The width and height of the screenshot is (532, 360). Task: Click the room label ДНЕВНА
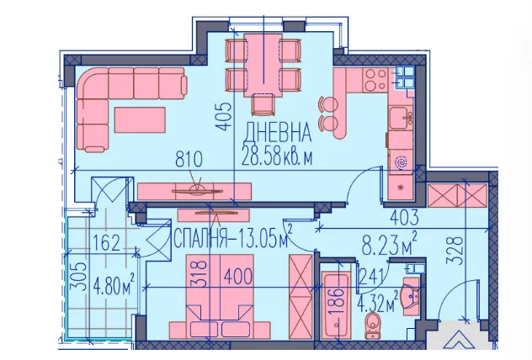point(278,132)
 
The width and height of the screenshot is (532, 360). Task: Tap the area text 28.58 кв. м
point(277,157)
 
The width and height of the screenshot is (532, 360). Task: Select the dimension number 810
point(189,159)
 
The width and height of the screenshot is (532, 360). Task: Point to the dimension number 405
point(224,117)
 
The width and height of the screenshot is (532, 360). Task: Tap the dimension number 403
point(404,218)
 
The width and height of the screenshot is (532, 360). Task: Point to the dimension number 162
point(107,243)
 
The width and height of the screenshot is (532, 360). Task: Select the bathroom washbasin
point(412,297)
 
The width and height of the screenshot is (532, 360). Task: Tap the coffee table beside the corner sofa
point(140,119)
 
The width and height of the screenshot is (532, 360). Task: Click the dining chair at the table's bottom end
point(263,104)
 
